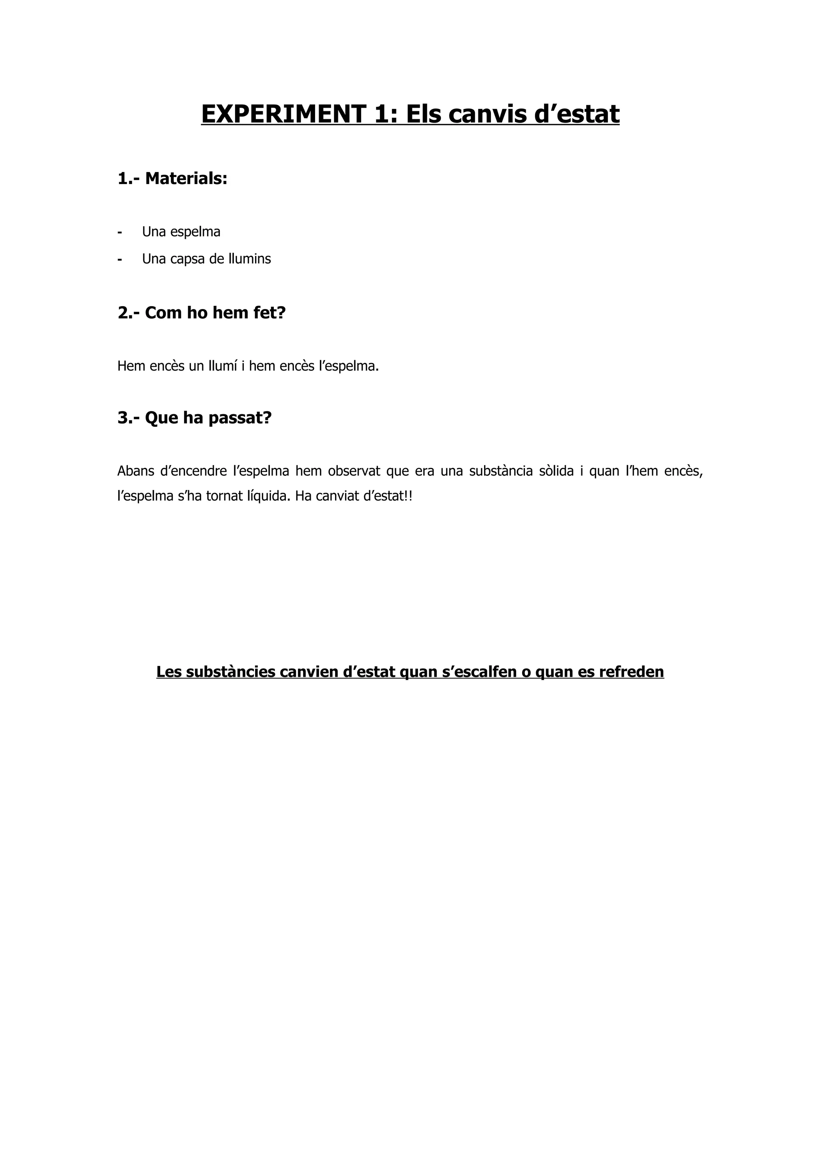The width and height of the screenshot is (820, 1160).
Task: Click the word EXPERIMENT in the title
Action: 283,114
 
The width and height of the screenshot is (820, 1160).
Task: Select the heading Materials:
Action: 186,179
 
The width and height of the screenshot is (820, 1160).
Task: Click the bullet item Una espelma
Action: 181,232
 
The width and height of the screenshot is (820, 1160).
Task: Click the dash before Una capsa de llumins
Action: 120,259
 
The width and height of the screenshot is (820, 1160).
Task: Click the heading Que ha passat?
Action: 208,418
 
